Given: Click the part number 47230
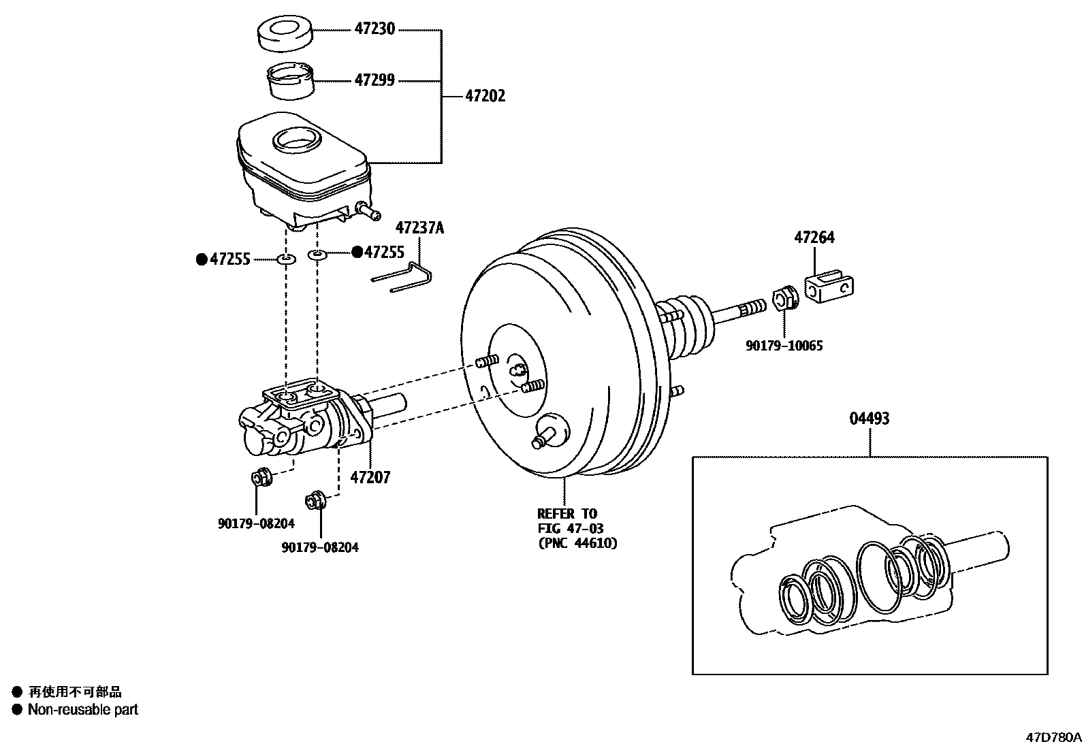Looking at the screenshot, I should point(374,30).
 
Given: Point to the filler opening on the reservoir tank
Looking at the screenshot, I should point(295,140).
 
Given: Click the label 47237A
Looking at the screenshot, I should point(419,228).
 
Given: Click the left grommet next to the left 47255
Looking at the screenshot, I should point(287,259).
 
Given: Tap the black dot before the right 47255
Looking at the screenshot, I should point(356,253).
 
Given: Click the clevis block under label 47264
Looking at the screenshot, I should point(830,287).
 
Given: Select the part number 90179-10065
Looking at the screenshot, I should point(784,346).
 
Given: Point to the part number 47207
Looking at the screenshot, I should point(370,478).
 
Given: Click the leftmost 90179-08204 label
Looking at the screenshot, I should point(256,523).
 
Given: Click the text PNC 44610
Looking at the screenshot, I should point(577,543).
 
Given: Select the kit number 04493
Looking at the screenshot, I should point(869,419).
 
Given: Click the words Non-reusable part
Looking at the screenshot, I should point(82,709).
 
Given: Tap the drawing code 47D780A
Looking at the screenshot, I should point(1053,737).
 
